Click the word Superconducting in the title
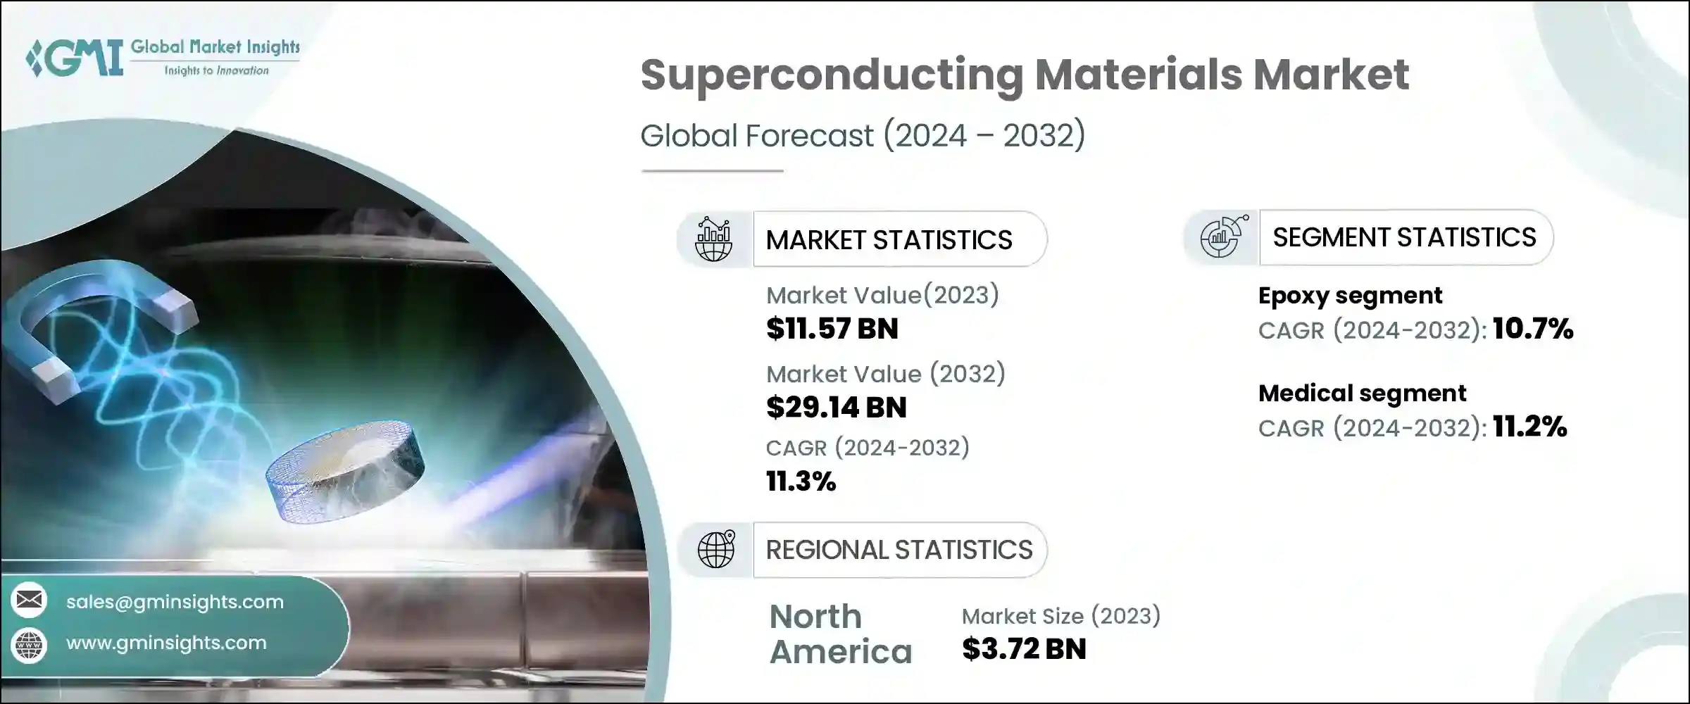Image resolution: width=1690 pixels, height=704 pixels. [x=831, y=75]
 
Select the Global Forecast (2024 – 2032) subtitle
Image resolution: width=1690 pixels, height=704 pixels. [x=863, y=135]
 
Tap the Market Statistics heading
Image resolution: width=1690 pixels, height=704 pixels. [x=889, y=240]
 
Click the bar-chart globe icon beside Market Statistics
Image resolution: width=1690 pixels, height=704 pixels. [x=713, y=239]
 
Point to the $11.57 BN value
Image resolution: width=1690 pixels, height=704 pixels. [x=832, y=329]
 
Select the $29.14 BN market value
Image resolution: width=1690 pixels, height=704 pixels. [x=836, y=408]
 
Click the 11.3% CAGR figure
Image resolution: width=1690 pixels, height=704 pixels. [x=801, y=482]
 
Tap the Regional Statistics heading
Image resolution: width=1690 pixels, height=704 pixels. [x=899, y=550]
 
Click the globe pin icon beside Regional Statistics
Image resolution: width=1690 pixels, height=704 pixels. [x=715, y=549]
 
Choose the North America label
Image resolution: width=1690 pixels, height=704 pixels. [x=840, y=634]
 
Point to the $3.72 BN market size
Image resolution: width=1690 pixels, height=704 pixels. [x=1024, y=649]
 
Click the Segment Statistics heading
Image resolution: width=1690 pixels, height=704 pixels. [x=1404, y=238]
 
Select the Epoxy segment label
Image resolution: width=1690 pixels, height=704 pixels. [x=1350, y=296]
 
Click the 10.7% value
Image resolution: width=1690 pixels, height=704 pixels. [x=1532, y=329]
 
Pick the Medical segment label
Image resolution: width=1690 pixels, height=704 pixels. [x=1362, y=393]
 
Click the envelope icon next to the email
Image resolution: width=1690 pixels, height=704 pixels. [x=29, y=600]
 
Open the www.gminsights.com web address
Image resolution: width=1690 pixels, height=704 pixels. [x=166, y=643]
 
